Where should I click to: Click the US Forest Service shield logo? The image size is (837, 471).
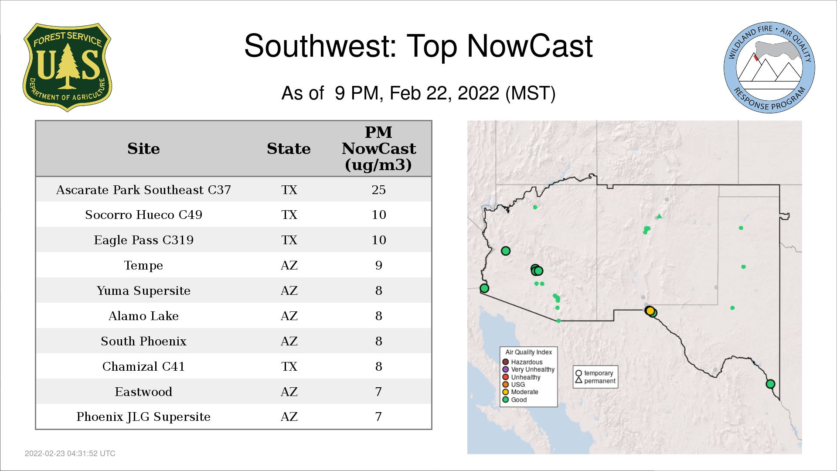click(67, 68)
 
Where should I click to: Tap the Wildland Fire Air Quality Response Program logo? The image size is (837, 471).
click(769, 68)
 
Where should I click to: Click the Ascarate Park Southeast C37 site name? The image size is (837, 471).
click(143, 190)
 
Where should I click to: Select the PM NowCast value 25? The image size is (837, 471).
click(378, 190)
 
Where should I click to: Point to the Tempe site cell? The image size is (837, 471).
click(143, 265)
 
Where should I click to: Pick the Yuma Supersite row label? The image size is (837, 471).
click(143, 290)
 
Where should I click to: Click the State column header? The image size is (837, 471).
click(289, 149)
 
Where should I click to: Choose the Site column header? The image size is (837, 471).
click(143, 149)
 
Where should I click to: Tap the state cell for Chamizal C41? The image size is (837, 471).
click(289, 366)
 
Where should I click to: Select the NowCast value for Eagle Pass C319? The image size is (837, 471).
click(378, 240)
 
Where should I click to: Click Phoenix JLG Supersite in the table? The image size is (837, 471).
click(143, 417)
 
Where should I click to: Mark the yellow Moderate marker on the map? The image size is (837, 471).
click(650, 311)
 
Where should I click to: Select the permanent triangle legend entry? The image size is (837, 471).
click(595, 381)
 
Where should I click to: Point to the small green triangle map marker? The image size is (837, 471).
click(660, 216)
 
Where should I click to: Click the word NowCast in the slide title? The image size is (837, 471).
click(530, 46)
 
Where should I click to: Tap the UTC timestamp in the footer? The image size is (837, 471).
click(70, 454)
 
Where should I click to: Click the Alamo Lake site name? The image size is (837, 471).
click(143, 316)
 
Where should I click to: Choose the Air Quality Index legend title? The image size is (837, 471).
click(528, 352)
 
